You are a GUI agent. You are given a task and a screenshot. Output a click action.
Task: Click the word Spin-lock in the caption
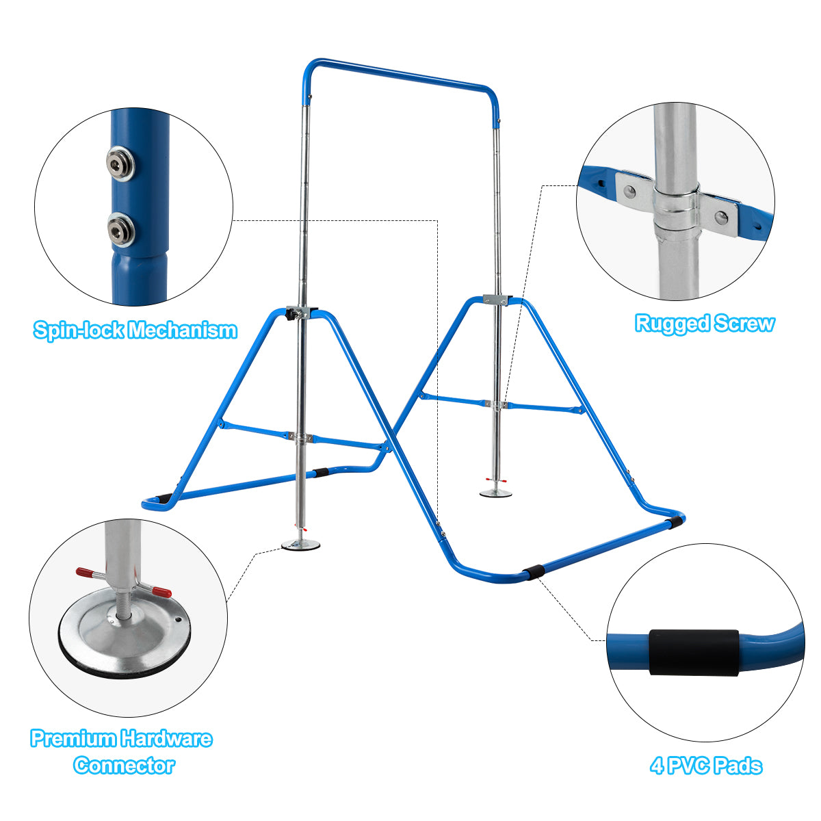[x=79, y=330]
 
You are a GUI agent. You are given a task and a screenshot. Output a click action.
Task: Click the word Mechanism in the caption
[x=183, y=330]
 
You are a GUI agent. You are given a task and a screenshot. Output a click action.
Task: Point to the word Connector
[x=124, y=765]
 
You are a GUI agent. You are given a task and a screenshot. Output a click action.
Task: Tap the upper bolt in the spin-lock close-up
[x=120, y=164]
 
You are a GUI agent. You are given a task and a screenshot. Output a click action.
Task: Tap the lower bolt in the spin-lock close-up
[x=120, y=231]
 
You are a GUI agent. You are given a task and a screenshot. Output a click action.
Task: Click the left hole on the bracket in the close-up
[x=629, y=192]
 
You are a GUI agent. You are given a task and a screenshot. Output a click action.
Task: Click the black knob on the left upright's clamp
[x=291, y=315]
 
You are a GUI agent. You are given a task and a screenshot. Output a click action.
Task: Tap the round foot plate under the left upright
[x=300, y=545]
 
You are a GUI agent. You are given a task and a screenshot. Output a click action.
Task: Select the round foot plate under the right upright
[x=495, y=493]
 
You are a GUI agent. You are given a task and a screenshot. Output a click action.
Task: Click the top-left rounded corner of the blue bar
[x=308, y=68]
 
